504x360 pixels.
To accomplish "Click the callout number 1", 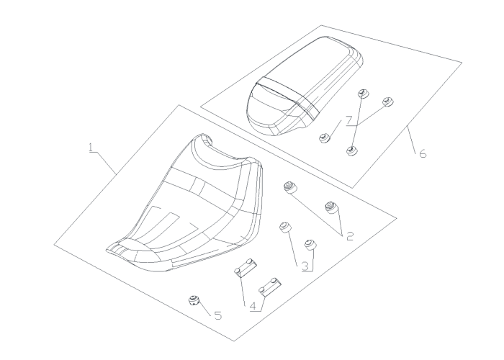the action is (x=91, y=148).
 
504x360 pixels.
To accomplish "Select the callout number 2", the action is (x=350, y=236).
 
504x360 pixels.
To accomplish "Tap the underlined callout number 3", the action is (x=305, y=266).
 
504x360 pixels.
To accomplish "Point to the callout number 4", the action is (x=253, y=306).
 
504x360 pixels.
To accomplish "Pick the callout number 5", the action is (x=218, y=315).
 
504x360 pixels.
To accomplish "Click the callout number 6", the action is (x=423, y=153).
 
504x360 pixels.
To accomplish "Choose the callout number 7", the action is (x=349, y=120).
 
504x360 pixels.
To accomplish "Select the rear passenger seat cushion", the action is (x=305, y=86).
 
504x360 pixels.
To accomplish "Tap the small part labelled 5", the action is (x=194, y=300).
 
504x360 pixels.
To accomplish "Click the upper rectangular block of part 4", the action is (x=246, y=267).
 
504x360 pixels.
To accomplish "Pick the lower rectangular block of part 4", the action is (x=270, y=287).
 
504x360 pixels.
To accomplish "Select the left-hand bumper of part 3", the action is (x=285, y=228).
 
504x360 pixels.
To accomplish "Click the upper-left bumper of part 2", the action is (x=290, y=188).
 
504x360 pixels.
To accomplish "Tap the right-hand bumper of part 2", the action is (x=331, y=207).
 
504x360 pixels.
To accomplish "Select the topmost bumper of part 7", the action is (x=364, y=94).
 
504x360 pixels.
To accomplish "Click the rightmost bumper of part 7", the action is (x=388, y=102).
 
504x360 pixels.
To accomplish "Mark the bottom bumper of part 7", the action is (x=353, y=150).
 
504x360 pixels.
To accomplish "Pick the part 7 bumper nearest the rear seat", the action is (x=325, y=138).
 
